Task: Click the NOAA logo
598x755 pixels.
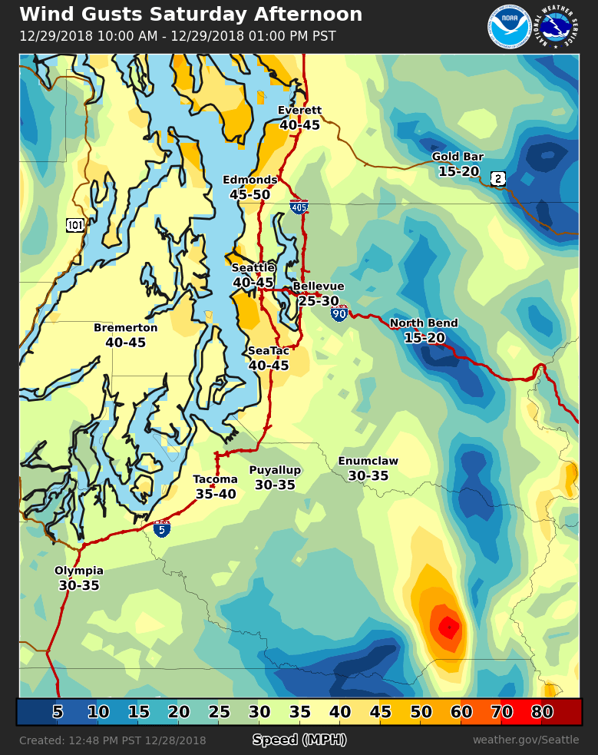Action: tap(509, 27)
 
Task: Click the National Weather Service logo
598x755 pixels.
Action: tap(558, 27)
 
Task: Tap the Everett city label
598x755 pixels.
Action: tap(299, 110)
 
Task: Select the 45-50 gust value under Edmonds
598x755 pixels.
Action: tap(249, 195)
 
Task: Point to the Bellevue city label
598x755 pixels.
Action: tap(318, 286)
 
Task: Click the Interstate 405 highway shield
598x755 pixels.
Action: tap(299, 207)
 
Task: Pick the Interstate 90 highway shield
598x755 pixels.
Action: tap(339, 313)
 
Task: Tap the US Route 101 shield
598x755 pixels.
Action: tap(75, 225)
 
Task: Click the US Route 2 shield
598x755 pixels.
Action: tap(498, 179)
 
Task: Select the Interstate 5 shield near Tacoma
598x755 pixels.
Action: tap(161, 528)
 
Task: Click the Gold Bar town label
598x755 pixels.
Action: tap(458, 157)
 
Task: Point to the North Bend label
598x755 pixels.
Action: tap(424, 323)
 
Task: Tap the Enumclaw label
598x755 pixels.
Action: tap(368, 461)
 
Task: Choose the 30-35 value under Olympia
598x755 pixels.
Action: tap(79, 585)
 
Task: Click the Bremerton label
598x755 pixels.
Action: tap(125, 328)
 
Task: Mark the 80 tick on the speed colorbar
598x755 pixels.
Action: tap(542, 712)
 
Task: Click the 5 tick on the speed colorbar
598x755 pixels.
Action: tap(58, 712)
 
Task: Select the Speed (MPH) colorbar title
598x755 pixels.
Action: tap(299, 740)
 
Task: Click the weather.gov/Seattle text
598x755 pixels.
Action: tap(526, 740)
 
